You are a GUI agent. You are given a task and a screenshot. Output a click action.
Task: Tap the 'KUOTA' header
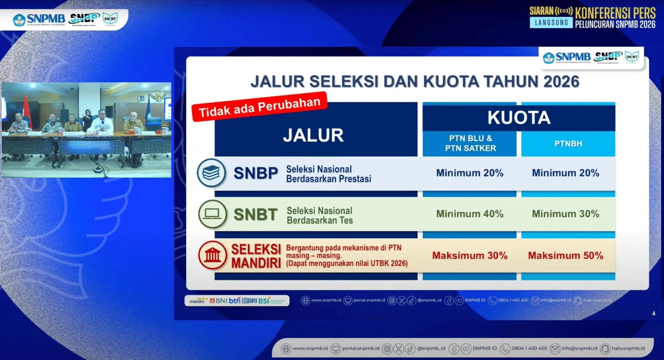click(518, 117)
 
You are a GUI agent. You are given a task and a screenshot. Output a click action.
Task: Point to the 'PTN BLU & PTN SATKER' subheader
click(470, 144)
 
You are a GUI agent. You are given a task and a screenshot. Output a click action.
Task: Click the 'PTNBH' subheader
click(568, 144)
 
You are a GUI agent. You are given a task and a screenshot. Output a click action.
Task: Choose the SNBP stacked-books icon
click(211, 173)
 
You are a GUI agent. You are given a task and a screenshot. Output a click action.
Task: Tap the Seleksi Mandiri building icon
click(211, 255)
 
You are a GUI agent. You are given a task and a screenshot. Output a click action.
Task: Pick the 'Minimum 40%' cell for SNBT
click(470, 214)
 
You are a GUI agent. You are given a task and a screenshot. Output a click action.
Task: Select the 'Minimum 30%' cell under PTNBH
click(566, 214)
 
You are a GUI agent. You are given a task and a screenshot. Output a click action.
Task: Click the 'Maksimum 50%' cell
click(566, 256)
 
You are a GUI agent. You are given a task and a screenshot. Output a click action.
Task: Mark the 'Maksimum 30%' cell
click(470, 256)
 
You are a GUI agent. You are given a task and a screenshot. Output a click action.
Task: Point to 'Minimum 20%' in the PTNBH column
click(566, 173)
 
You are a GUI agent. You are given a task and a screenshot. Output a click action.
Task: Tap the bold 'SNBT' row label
click(255, 215)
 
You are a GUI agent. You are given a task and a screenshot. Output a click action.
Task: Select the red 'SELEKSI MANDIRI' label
click(256, 255)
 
